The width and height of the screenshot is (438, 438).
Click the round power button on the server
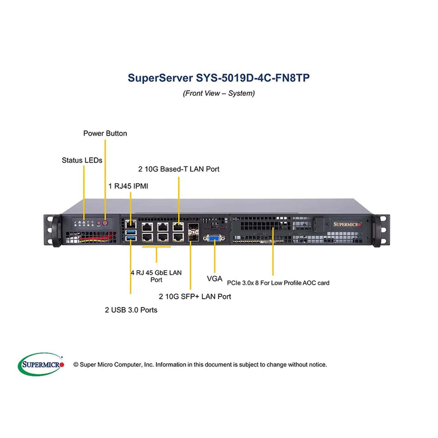point(105,223)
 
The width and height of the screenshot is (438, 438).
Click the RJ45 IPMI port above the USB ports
point(131,224)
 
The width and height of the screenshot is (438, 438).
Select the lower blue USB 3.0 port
point(131,238)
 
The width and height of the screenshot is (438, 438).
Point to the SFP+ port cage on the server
point(194,232)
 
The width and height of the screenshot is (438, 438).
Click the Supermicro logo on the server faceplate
point(347,224)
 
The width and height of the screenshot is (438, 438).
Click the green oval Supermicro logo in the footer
point(41,364)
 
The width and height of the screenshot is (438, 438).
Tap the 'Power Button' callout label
point(105,133)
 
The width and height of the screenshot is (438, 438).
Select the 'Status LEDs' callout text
point(82,160)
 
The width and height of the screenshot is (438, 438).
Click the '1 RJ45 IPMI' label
point(128,186)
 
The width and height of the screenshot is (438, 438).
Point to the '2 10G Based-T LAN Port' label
point(178,169)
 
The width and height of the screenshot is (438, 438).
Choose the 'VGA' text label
point(214,279)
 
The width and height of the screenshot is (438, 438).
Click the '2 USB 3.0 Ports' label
point(131,310)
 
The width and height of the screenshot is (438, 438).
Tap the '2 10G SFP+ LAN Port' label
point(195,296)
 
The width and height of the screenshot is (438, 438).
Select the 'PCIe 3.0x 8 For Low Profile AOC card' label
point(278,283)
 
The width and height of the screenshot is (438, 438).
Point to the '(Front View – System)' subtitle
point(219,93)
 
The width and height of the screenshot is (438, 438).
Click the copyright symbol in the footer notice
point(76,365)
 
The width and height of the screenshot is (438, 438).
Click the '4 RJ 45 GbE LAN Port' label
point(156,276)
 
